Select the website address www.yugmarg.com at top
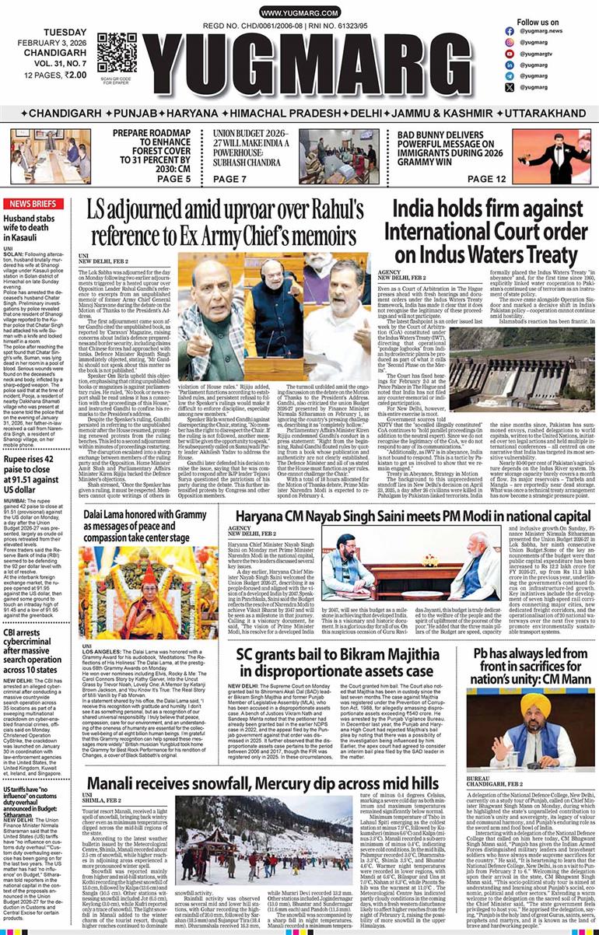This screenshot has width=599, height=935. pyautogui.click(x=299, y=13)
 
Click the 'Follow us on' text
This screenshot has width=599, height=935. pyautogui.click(x=538, y=23)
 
